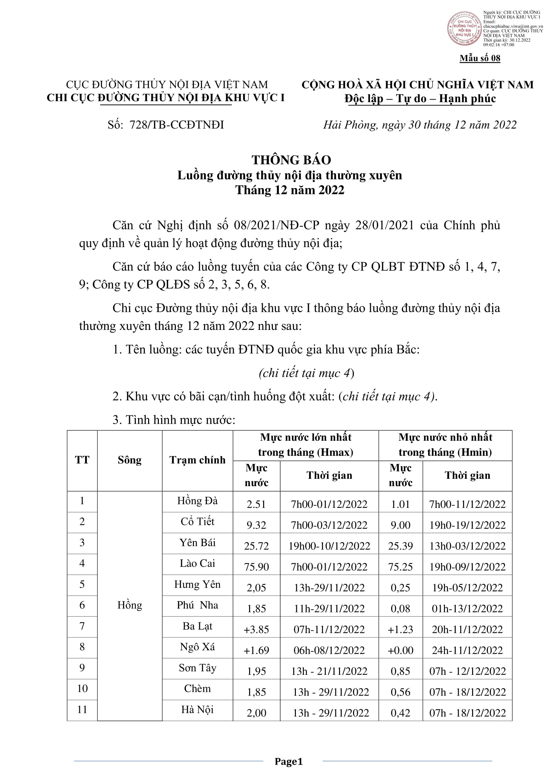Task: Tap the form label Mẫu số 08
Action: coord(480,58)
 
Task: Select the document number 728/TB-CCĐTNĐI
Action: coord(177,125)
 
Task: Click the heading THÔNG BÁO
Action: coord(291,160)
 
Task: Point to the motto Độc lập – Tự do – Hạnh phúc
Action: coord(420,99)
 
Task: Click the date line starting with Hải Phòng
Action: coord(420,125)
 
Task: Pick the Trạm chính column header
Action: coord(198,460)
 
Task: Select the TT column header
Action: coord(82,460)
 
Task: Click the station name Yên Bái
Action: coord(198,543)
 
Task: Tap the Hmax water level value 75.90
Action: coord(256,567)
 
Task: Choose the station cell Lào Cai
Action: coord(198,563)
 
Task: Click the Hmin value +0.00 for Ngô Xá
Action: coord(401,650)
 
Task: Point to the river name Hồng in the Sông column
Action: coord(130,605)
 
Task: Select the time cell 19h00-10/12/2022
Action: coord(329,546)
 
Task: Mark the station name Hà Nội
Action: coord(198,710)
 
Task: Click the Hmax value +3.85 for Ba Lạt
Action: coord(256,630)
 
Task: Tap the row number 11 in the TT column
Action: coord(82,710)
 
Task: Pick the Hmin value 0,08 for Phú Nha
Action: coord(401,609)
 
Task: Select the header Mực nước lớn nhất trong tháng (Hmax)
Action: coord(306,444)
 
